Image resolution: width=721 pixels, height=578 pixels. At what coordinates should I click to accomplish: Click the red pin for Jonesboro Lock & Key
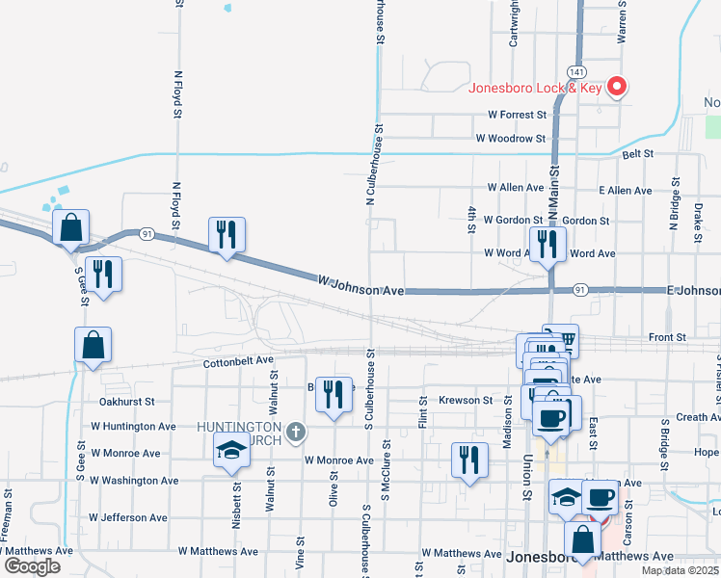617,87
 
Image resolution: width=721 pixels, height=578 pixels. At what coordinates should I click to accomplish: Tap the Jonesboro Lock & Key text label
535,88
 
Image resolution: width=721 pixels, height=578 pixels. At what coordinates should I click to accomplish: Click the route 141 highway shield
575,72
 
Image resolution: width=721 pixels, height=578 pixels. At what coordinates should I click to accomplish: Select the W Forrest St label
512,115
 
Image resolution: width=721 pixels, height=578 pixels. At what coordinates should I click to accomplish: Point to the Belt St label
638,153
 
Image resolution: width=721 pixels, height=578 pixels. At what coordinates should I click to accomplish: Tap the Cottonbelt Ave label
238,362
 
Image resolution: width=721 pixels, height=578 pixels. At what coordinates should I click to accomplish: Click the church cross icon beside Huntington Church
297,430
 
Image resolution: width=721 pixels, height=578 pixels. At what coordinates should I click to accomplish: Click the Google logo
33,565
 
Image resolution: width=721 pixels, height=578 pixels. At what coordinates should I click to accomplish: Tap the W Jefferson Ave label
133,516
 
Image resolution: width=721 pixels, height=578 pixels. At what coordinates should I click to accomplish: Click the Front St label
666,337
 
